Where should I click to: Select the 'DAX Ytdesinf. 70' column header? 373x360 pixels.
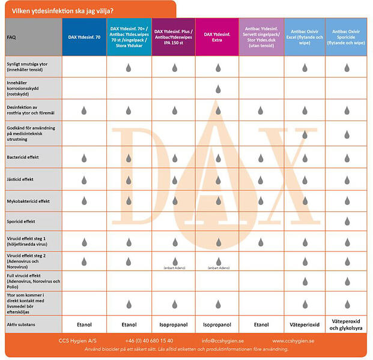(84, 37)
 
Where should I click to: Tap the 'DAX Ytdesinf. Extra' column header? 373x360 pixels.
(217, 37)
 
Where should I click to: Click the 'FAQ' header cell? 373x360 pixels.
(12, 37)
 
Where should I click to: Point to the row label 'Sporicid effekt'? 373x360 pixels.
(21, 221)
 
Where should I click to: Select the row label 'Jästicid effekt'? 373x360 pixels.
(20, 179)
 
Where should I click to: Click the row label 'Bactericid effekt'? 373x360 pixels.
(23, 158)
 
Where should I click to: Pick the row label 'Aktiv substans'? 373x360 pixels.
(20, 324)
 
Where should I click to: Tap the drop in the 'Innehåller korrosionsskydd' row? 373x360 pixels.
(217, 89)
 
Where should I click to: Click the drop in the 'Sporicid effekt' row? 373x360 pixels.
(348, 221)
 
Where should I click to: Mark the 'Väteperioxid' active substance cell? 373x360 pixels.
(304, 324)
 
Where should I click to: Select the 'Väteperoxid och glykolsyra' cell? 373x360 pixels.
(348, 324)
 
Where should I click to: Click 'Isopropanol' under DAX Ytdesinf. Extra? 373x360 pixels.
(217, 324)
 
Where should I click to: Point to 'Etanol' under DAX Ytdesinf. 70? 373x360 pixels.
(84, 324)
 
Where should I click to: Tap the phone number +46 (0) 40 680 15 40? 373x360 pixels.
(150, 340)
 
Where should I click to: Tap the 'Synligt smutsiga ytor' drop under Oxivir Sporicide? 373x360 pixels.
(348, 68)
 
